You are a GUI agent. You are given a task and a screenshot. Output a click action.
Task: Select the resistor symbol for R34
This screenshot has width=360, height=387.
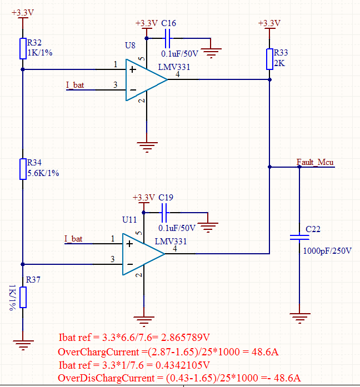22,167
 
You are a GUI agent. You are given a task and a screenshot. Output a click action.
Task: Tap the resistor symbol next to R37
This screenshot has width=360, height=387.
22,297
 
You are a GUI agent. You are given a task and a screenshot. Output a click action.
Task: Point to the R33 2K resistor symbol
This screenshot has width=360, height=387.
269,58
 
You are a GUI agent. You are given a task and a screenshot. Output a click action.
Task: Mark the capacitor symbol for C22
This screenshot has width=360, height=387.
299,237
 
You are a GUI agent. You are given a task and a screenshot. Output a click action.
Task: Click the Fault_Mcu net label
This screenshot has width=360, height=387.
315,162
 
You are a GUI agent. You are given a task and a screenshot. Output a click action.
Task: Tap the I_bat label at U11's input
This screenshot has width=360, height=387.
73,239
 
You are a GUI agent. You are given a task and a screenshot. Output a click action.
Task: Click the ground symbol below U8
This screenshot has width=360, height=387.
146,147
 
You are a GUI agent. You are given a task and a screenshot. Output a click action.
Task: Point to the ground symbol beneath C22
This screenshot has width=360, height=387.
299,318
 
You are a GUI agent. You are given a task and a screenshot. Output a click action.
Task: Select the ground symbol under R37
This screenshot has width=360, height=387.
22,344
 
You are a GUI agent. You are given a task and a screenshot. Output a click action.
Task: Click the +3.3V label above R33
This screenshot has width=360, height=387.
269,23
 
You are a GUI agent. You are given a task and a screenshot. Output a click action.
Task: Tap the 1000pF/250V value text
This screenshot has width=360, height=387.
327,251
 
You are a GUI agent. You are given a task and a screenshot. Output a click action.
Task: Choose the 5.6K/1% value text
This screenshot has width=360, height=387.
43,173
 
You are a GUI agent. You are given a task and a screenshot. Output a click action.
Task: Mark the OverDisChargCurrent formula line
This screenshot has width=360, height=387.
181,378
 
